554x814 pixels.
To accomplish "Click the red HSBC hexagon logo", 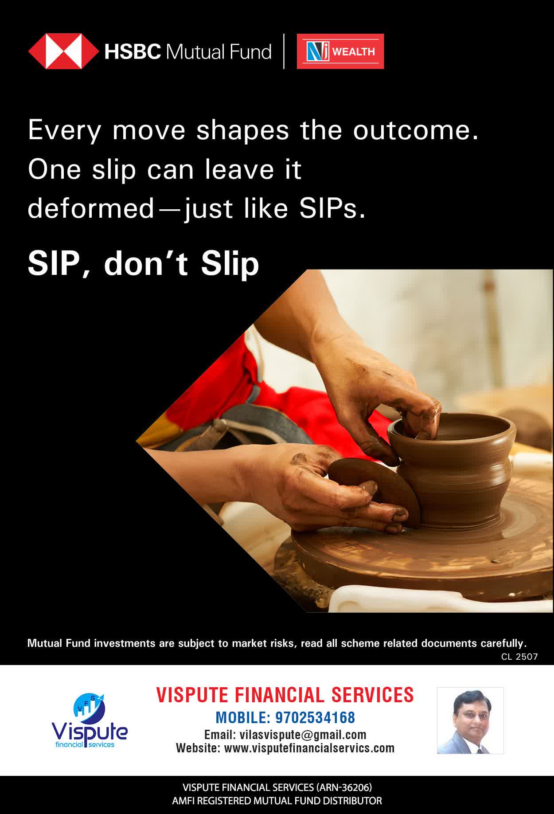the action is [63, 51].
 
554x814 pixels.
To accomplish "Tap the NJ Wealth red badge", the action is [340, 51].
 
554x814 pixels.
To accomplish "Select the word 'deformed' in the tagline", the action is [90, 208].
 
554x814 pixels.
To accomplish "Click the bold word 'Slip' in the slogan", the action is [230, 263].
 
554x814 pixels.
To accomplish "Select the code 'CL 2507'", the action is [519, 657].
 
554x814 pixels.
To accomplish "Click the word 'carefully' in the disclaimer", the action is [502, 643].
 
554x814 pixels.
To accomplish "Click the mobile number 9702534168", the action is [315, 717].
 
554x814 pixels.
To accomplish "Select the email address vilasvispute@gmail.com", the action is [303, 735].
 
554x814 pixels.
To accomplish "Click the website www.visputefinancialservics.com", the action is [309, 748].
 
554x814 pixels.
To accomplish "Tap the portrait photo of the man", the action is [470, 720].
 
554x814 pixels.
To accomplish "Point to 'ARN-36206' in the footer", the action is [343, 787].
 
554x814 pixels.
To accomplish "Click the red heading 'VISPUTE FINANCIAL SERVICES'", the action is [285, 695].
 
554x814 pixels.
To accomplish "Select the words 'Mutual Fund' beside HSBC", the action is [218, 52].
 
